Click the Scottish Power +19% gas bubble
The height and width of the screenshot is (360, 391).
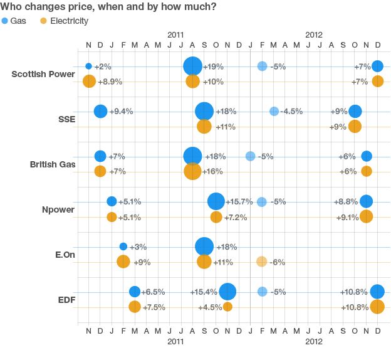(193, 66)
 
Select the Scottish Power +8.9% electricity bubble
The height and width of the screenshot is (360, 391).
(89, 81)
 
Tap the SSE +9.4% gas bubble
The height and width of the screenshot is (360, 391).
(100, 111)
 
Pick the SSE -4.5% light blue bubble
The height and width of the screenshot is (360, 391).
(274, 111)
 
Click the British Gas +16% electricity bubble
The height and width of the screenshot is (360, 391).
(192, 171)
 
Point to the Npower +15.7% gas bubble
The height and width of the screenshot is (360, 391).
(216, 201)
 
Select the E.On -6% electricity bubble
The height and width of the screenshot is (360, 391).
(262, 262)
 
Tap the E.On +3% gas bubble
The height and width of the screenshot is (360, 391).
(123, 246)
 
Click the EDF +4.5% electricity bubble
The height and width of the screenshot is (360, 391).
(227, 307)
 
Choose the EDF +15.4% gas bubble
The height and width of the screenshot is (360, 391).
(227, 292)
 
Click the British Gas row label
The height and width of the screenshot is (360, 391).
(53, 164)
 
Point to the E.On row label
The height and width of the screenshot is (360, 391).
(63, 255)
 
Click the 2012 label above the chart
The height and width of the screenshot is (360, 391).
(314, 35)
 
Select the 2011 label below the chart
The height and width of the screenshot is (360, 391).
(175, 342)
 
